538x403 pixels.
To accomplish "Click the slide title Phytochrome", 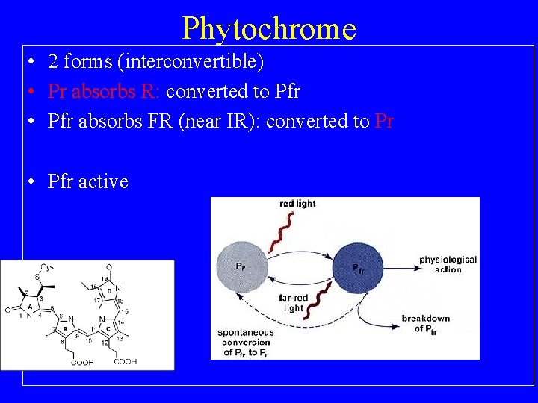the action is click(269, 28).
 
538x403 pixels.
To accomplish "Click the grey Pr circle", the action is click(241, 267).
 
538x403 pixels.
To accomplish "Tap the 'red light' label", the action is click(297, 204).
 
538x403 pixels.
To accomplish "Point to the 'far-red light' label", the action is click(294, 303).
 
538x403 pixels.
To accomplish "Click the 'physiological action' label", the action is click(448, 264).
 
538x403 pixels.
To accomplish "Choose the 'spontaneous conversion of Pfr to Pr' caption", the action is click(246, 343).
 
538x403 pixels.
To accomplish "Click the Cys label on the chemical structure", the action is click(46, 267).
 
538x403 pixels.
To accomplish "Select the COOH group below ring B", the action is click(82, 363).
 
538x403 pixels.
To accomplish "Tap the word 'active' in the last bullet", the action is click(105, 181).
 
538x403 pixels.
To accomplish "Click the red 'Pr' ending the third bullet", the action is click(384, 121).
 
